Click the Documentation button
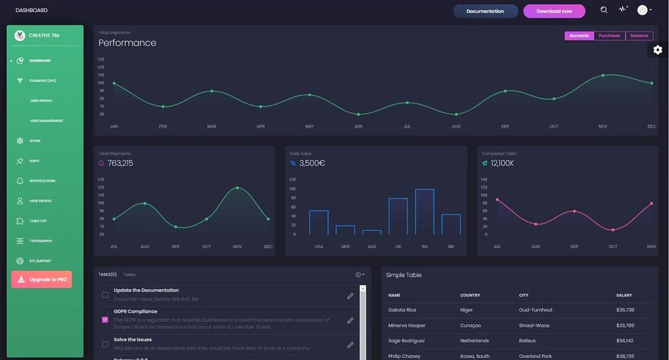[x=485, y=11]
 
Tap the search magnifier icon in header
[x=604, y=10]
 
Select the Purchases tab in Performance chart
[x=609, y=36]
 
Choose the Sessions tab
[x=639, y=36]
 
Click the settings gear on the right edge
[x=658, y=50]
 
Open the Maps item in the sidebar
[x=34, y=161]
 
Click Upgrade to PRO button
[x=41, y=280]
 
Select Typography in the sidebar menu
[x=40, y=241]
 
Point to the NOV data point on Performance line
[x=603, y=76]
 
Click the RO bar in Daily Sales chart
[x=425, y=211]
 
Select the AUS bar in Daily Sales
[x=371, y=232]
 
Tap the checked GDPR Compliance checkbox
[x=105, y=320]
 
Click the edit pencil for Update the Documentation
[x=350, y=296]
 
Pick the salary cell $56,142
[x=625, y=341]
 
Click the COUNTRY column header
[x=470, y=295]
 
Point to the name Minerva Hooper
[x=407, y=325]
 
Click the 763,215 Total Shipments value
[x=120, y=163]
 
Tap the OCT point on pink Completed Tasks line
[x=613, y=230]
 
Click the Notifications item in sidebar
[x=42, y=181]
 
